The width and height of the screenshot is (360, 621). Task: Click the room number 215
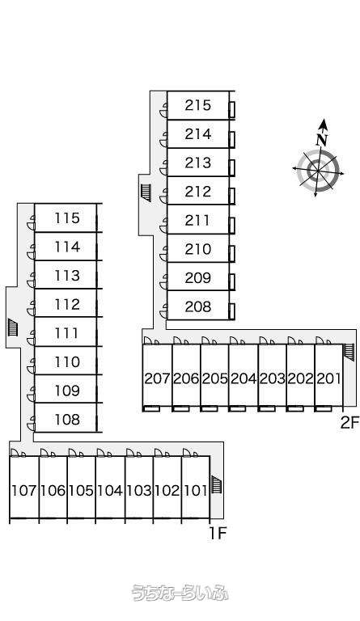pos(197,105)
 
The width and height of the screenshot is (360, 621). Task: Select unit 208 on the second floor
pos(197,306)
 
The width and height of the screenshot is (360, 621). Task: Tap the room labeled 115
pos(67,218)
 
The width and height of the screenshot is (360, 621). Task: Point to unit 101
pos(196,491)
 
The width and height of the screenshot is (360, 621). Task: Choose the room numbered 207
pos(157,378)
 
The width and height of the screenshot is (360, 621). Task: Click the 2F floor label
pos(349,423)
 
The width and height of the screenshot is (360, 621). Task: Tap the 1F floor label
pos(218,534)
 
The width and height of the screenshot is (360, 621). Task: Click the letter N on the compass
pos(322,139)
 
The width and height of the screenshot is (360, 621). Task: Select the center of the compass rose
pos(318,171)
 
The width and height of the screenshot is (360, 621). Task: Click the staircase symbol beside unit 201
pos(348,352)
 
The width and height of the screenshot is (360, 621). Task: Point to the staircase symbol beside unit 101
pos(216,484)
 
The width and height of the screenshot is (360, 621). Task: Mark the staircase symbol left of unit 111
pos(13,327)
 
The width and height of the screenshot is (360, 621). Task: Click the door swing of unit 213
pos(163,167)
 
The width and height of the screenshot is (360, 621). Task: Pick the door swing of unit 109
pos(31,395)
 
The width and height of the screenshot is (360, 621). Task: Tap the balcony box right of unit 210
pos(232,253)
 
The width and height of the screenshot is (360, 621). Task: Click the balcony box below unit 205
pos(209,408)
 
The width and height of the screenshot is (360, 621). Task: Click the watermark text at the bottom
pos(180,593)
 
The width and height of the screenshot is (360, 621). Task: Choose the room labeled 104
pos(110,491)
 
